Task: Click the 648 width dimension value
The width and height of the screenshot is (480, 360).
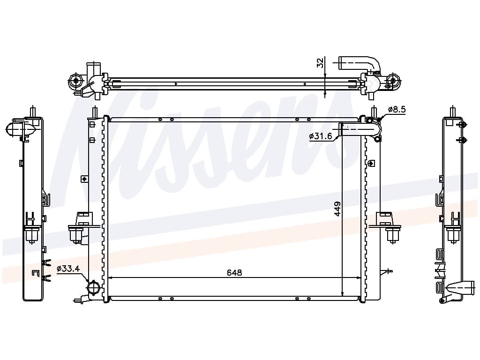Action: point(234,272)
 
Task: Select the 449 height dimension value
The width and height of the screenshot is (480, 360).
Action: point(337,209)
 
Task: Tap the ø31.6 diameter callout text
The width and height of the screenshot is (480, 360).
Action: point(321,136)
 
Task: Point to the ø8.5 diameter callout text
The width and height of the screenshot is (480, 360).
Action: point(397,109)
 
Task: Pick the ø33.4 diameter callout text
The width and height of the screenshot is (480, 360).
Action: point(68,269)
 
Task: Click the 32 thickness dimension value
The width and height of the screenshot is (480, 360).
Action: point(320,63)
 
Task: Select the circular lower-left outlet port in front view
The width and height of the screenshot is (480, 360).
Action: point(93,287)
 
